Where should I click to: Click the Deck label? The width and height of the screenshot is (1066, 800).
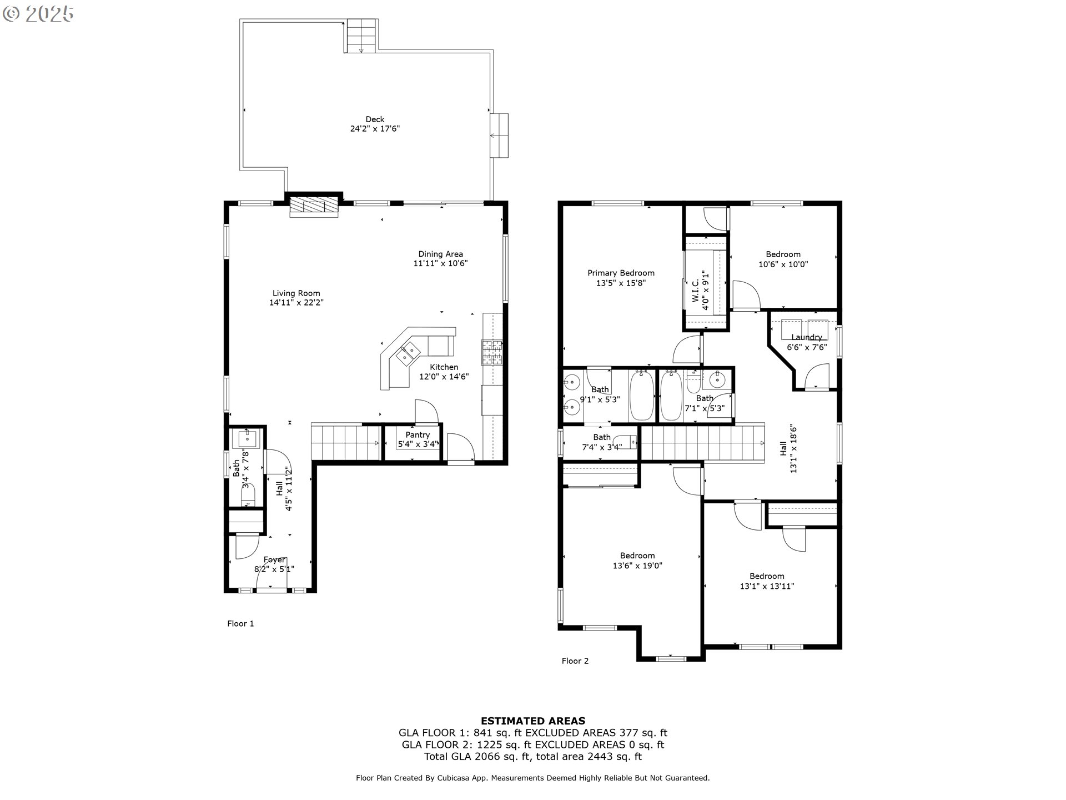point(375,119)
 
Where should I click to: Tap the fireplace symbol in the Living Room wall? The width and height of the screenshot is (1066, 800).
point(314,204)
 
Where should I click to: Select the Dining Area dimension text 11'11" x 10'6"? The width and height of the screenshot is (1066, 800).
point(440,263)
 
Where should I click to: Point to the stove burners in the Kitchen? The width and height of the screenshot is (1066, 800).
point(492,352)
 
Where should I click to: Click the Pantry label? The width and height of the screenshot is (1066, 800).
point(418,434)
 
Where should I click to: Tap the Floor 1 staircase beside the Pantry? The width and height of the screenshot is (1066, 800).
point(345,442)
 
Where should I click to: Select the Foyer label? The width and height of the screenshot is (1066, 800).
point(274,559)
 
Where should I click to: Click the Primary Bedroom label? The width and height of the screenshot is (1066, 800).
point(621,273)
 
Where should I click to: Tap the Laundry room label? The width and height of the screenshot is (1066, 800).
point(806,337)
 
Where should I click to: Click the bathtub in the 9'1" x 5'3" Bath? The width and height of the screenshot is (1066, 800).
point(642,396)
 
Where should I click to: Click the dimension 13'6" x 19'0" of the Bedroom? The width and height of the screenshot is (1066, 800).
point(637,566)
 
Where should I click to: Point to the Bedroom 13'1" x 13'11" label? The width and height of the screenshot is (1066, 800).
point(767,576)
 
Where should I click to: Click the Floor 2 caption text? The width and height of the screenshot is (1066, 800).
point(575,661)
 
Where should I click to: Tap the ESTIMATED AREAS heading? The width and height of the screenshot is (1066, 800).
point(532,721)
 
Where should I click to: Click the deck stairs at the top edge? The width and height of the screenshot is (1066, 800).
point(362,36)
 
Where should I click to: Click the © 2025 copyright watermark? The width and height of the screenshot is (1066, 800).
point(38,13)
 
